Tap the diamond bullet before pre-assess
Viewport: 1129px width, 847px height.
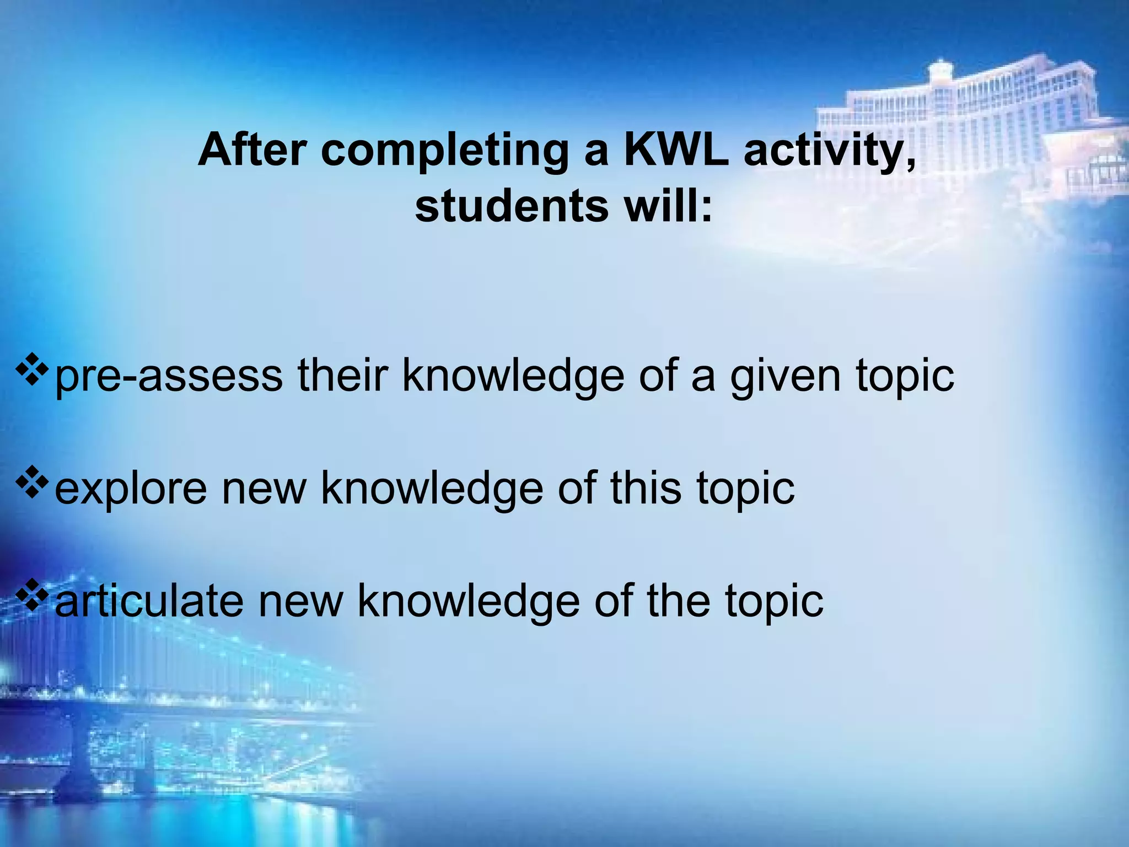pyautogui.click(x=31, y=370)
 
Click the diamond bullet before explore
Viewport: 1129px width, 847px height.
pyautogui.click(x=31, y=483)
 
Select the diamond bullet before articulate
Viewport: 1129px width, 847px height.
pyautogui.click(x=31, y=595)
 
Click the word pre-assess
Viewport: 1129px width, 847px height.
pyautogui.click(x=168, y=377)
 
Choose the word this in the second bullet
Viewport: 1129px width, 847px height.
pyautogui.click(x=646, y=488)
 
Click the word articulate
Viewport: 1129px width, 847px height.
pyautogui.click(x=149, y=601)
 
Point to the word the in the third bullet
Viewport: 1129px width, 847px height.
pyautogui.click(x=678, y=601)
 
